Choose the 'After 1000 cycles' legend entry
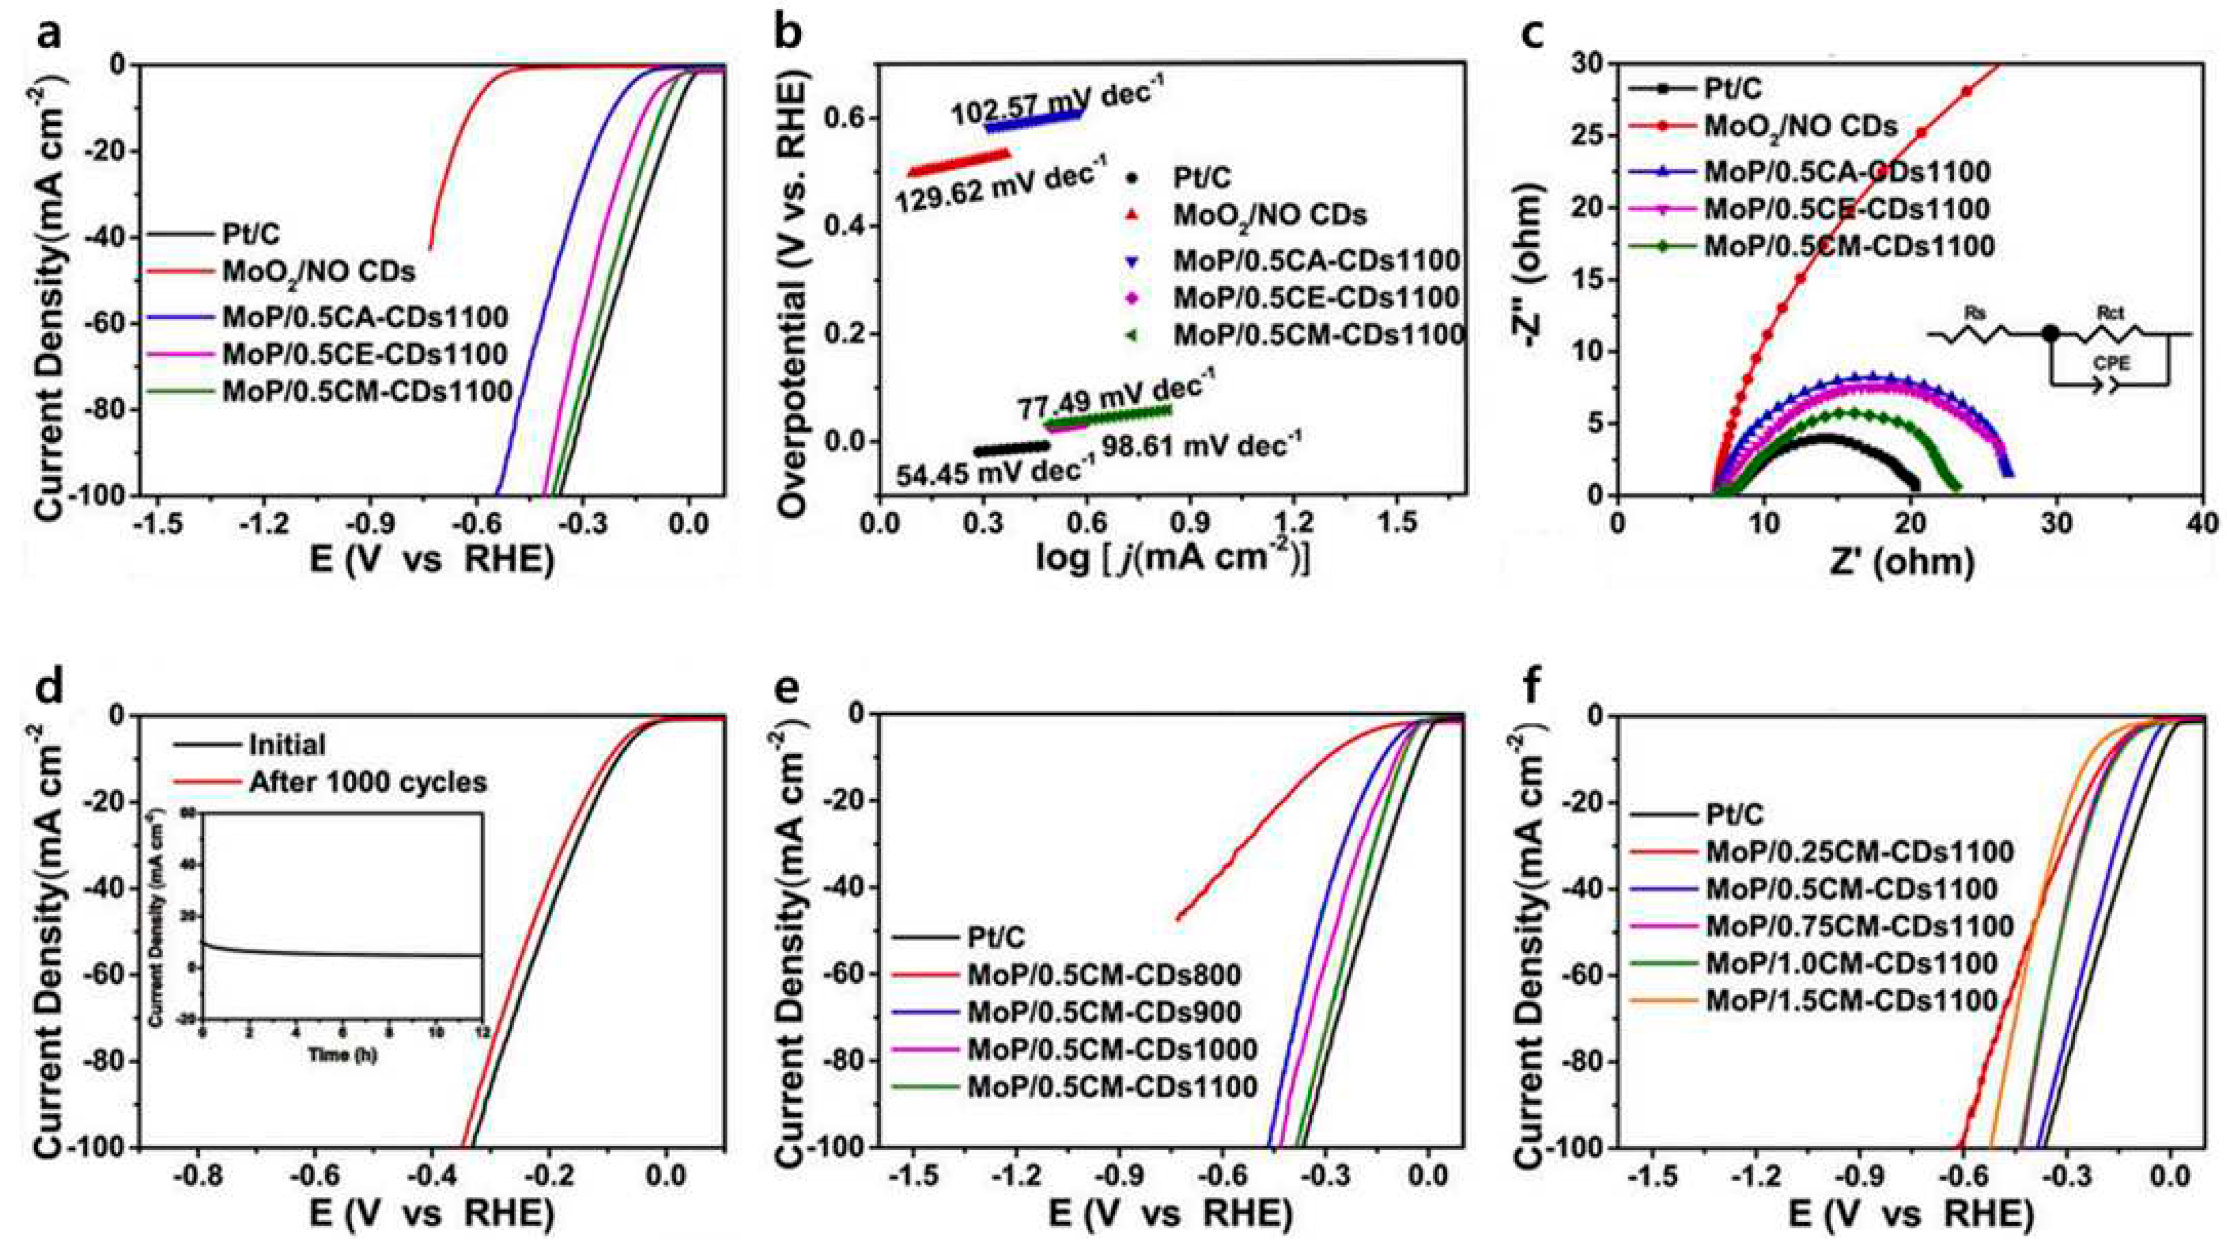[367, 782]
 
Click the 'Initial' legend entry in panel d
[287, 745]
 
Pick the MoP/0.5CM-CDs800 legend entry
[1103, 976]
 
